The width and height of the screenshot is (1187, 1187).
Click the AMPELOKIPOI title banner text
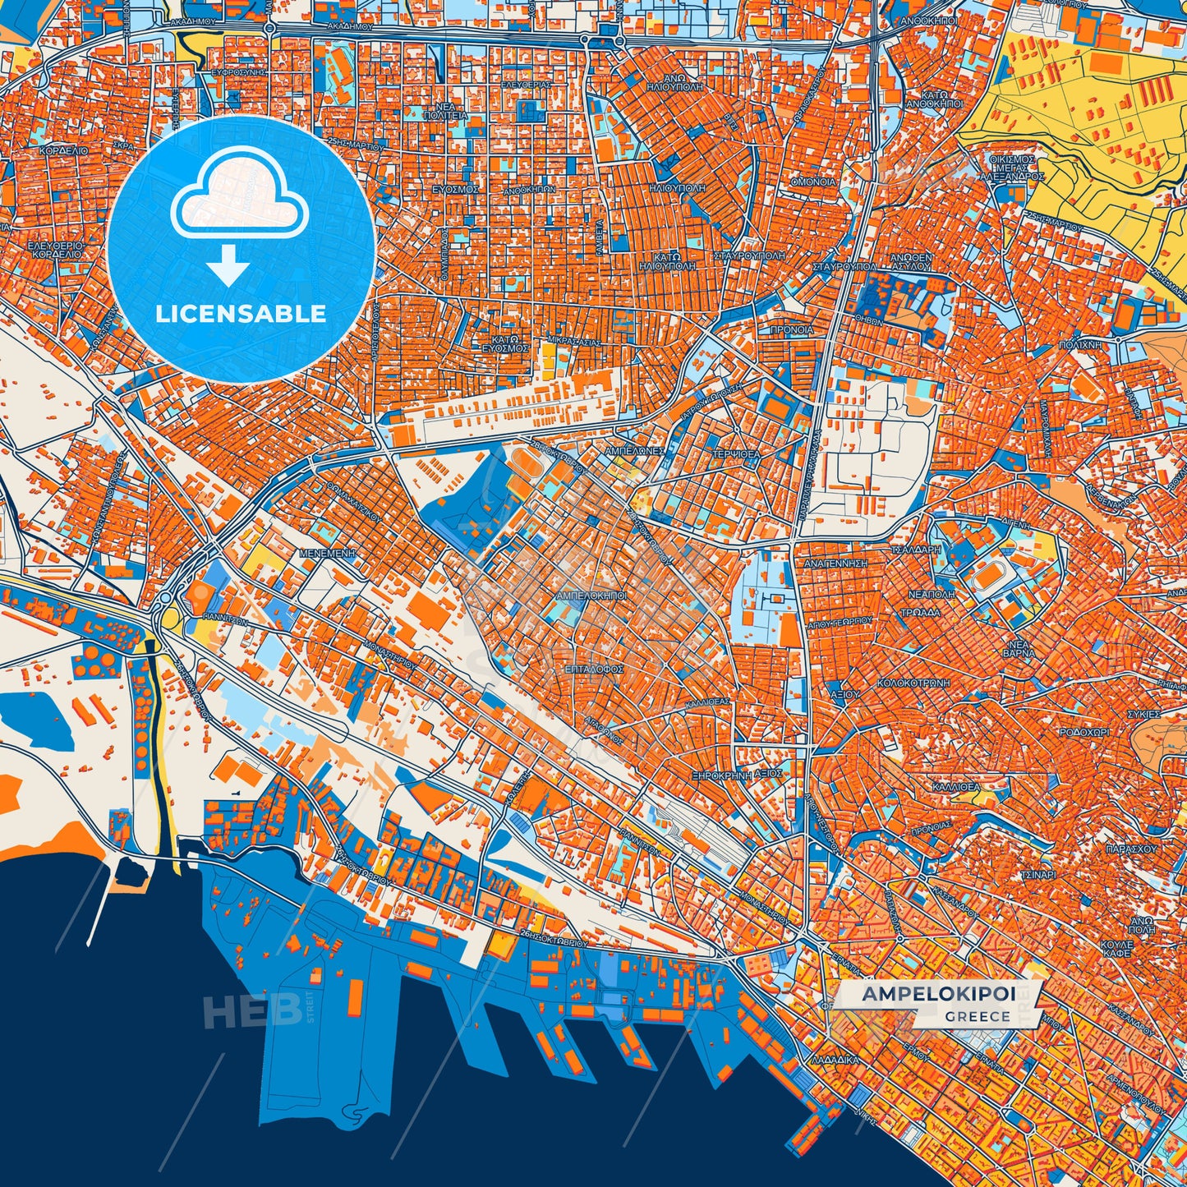tap(938, 994)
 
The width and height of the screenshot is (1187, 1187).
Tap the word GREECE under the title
tap(977, 1016)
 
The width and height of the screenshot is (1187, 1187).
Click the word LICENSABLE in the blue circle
tap(242, 314)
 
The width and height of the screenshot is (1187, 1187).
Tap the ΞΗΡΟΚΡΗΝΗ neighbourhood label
tap(721, 775)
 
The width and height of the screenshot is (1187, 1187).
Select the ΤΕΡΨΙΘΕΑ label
tap(736, 453)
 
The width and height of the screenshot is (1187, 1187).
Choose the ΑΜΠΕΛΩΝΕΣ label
tap(633, 452)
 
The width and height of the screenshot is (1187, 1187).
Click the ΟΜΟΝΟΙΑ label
tap(812, 182)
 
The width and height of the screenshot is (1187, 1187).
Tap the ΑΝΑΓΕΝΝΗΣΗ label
tap(836, 564)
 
